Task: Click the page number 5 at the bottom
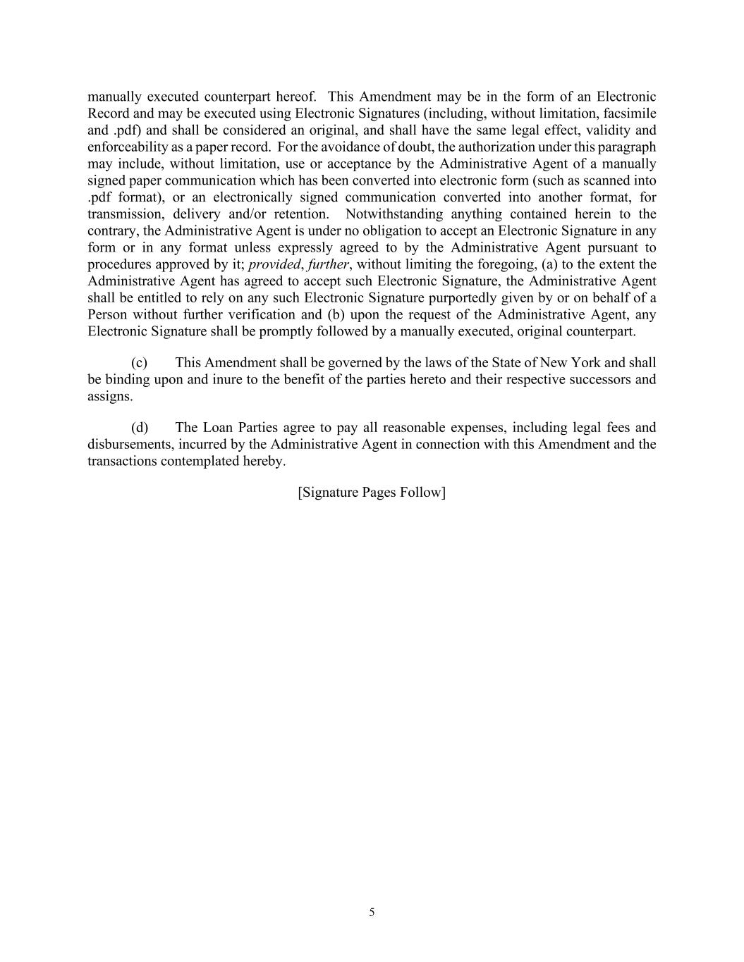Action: [372, 913]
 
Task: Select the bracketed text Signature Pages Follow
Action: [372, 493]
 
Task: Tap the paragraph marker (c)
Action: [139, 363]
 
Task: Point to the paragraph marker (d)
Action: [140, 428]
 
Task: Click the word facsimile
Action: [630, 113]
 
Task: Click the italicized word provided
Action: [274, 265]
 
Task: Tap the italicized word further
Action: [328, 265]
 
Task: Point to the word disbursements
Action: [129, 445]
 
